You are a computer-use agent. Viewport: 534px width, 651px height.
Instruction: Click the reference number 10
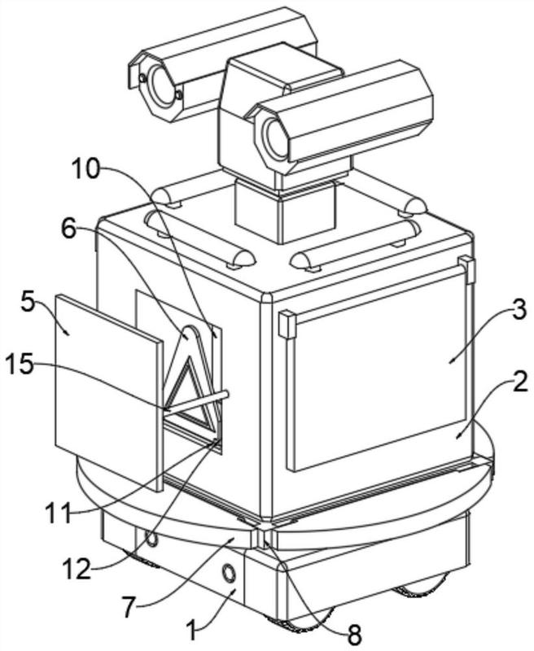[x=86, y=169]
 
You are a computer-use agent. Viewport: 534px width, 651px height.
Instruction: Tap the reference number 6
[x=69, y=229]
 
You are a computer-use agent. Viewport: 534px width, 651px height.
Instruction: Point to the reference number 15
[x=19, y=365]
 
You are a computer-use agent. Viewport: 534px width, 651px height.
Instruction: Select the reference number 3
[x=519, y=311]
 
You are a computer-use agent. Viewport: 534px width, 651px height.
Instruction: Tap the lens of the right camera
[x=275, y=138]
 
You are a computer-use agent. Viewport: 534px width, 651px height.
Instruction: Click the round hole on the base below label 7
[x=229, y=575]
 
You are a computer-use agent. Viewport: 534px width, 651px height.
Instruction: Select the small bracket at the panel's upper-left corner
[x=287, y=324]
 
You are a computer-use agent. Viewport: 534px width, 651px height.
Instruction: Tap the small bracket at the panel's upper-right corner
[x=467, y=269]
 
